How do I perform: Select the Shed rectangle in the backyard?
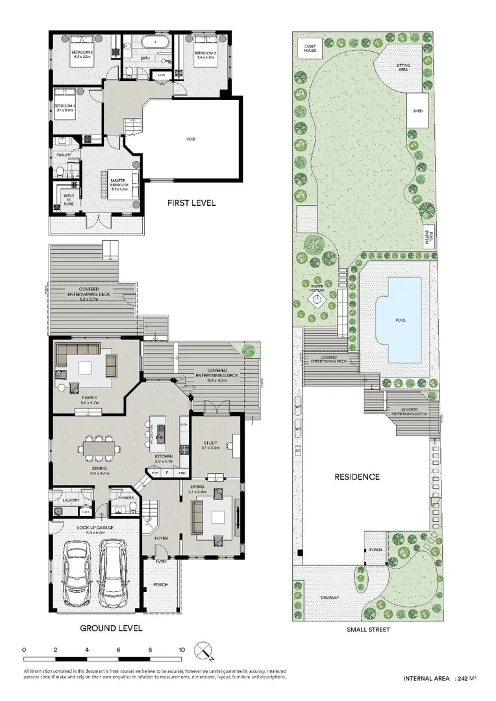pyautogui.click(x=417, y=111)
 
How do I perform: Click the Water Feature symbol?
pyautogui.click(x=317, y=300)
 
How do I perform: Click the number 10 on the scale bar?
pyautogui.click(x=182, y=649)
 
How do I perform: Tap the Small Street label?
pyautogui.click(x=368, y=629)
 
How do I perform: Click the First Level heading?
pyautogui.click(x=191, y=203)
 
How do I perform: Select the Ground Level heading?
pyautogui.click(x=110, y=628)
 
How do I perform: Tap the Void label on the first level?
pyautogui.click(x=190, y=139)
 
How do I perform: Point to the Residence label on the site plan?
pyautogui.click(x=356, y=476)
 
